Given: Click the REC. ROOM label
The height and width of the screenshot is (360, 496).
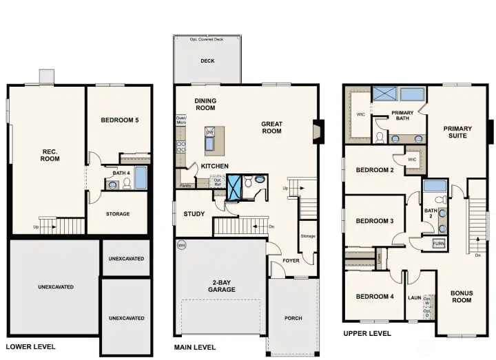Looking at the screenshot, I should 50,155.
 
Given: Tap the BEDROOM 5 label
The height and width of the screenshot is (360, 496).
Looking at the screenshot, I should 120,120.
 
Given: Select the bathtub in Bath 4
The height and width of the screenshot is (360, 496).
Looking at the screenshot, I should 141,178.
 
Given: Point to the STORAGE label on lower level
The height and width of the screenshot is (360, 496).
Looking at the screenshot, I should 118,214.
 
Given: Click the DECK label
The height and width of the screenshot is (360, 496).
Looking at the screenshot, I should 207,61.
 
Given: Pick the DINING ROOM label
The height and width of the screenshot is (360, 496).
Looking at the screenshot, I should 205,104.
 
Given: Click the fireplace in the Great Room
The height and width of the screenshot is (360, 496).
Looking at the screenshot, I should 318,131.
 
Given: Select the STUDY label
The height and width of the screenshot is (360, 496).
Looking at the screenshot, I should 194,214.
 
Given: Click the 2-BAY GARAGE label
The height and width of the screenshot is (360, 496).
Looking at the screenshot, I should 222,286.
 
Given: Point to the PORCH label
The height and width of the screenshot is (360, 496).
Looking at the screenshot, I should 293,318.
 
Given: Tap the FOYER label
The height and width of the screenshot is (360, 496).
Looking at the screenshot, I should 291,261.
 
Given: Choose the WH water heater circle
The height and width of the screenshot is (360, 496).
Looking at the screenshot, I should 182,245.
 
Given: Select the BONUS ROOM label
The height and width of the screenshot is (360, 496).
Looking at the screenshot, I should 461,297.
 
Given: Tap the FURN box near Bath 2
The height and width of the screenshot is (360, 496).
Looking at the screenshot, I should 438,243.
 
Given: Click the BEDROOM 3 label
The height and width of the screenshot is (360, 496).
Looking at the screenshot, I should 374,221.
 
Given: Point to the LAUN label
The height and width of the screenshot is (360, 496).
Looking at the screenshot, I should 414,297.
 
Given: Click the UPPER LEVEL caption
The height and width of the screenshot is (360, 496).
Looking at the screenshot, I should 367,333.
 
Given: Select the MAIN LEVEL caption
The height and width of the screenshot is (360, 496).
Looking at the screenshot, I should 196,347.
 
